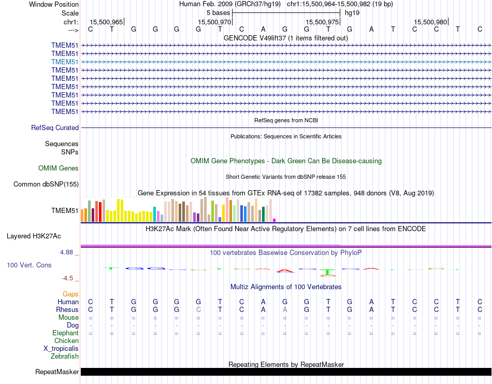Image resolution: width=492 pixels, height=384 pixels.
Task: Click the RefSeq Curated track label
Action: point(55,127)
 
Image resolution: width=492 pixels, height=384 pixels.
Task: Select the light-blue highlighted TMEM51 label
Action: point(65,62)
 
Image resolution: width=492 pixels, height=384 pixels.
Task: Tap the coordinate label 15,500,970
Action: point(214,22)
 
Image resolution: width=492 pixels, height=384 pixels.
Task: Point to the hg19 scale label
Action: point(352,12)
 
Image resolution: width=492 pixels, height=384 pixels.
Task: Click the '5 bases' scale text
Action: point(218,12)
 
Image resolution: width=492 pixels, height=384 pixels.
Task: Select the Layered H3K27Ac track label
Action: point(34,236)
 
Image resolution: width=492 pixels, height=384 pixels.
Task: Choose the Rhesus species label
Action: point(67,309)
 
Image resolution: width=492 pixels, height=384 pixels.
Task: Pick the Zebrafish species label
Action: point(65,356)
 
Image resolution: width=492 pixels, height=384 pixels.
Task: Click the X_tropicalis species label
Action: point(61,348)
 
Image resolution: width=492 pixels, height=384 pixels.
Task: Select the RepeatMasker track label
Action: point(57,372)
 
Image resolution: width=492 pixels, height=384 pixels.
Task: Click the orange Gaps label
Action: point(70,294)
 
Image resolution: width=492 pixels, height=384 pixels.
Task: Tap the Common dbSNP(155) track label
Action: point(46,184)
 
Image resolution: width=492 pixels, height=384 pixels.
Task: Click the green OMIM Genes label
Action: point(59,168)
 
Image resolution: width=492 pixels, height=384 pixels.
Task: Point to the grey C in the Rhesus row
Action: point(198,309)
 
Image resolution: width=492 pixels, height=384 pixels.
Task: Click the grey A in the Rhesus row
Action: point(285,309)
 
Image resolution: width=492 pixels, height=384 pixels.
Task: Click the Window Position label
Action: point(54,4)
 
